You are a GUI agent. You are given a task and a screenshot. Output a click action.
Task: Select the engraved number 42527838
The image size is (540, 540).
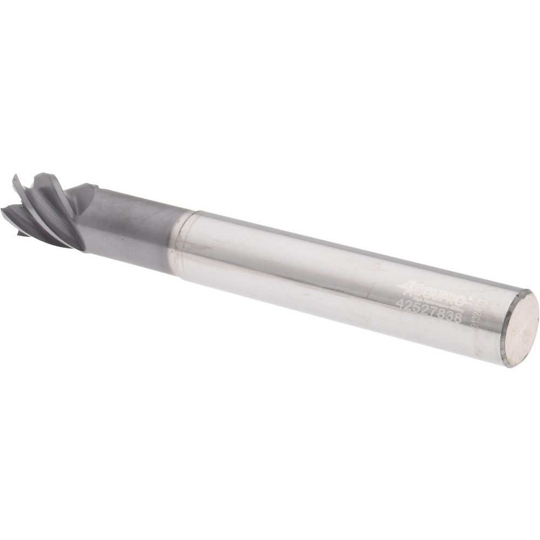[429, 311]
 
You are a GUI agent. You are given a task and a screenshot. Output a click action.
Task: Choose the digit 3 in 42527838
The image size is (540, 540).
[450, 316]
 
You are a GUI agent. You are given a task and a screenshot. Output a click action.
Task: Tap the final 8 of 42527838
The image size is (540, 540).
[458, 318]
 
